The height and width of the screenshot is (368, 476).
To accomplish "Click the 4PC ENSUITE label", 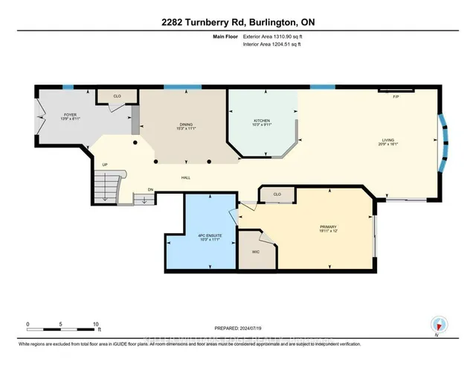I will pos(202,238).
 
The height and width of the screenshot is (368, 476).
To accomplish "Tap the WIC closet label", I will pos(255,252).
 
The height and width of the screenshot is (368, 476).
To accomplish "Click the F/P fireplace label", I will pos(395,97).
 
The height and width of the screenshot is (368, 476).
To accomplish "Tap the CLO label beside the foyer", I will pos(118,96).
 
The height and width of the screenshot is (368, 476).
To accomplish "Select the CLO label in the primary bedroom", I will pos(277,195).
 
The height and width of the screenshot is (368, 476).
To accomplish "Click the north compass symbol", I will pos(437,324).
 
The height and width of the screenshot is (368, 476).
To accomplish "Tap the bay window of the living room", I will pos(445,141).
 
